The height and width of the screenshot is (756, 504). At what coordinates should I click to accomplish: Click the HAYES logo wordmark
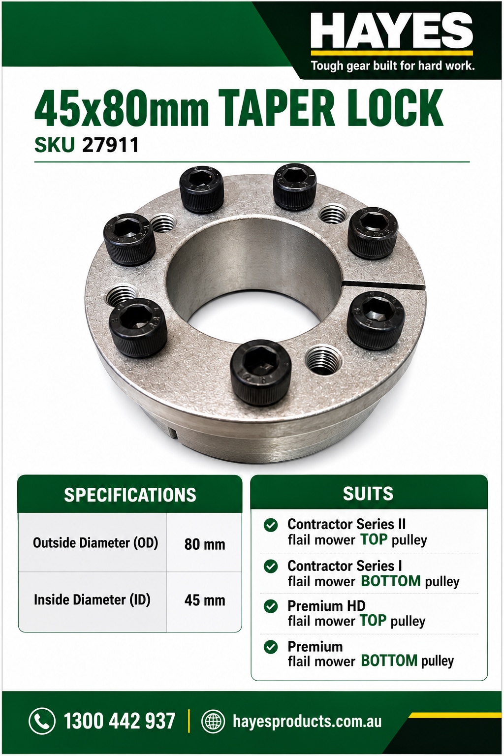(392, 31)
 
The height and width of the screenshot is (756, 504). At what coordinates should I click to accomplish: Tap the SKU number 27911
(110, 145)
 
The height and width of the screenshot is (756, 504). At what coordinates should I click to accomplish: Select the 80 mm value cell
(205, 544)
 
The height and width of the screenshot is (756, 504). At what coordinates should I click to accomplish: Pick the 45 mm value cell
(205, 600)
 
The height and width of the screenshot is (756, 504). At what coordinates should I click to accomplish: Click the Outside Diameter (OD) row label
(95, 543)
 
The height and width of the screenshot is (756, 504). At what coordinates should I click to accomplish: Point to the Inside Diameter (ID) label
(92, 600)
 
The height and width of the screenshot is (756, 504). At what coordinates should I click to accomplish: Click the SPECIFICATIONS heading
(130, 495)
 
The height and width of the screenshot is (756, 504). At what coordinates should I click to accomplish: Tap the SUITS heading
(368, 494)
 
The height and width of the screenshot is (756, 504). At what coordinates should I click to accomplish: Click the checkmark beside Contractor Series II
(271, 525)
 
